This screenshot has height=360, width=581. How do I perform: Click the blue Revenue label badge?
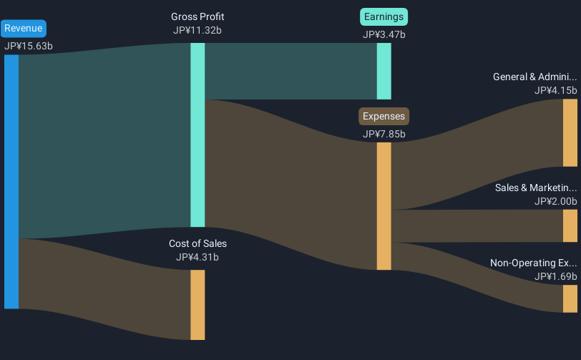pos(24,29)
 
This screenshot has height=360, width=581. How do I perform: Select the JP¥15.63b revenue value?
pos(28,46)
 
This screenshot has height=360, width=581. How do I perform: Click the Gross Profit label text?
pos(197,16)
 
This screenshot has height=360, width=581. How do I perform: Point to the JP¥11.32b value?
pos(197,30)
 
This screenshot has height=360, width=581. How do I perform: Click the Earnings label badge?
pos(384,16)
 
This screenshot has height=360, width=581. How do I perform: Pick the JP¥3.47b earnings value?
pos(384,34)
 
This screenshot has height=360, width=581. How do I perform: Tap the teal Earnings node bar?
pos(384,71)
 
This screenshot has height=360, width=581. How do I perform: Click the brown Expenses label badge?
pos(384,116)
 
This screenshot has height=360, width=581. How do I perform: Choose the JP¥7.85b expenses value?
pos(384,134)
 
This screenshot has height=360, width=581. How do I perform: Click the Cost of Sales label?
pos(197,243)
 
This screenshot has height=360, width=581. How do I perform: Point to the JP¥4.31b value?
pos(197,257)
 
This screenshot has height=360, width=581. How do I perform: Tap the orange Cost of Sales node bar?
pos(197,304)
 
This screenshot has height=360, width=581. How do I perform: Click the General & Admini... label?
pos(534,77)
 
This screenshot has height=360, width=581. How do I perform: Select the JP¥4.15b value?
pos(555,90)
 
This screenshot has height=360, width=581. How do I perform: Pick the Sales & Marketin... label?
pos(535,188)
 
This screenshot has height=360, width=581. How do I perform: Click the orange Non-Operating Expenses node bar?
pos(570,298)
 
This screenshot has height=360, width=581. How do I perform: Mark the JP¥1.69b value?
pos(555,276)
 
